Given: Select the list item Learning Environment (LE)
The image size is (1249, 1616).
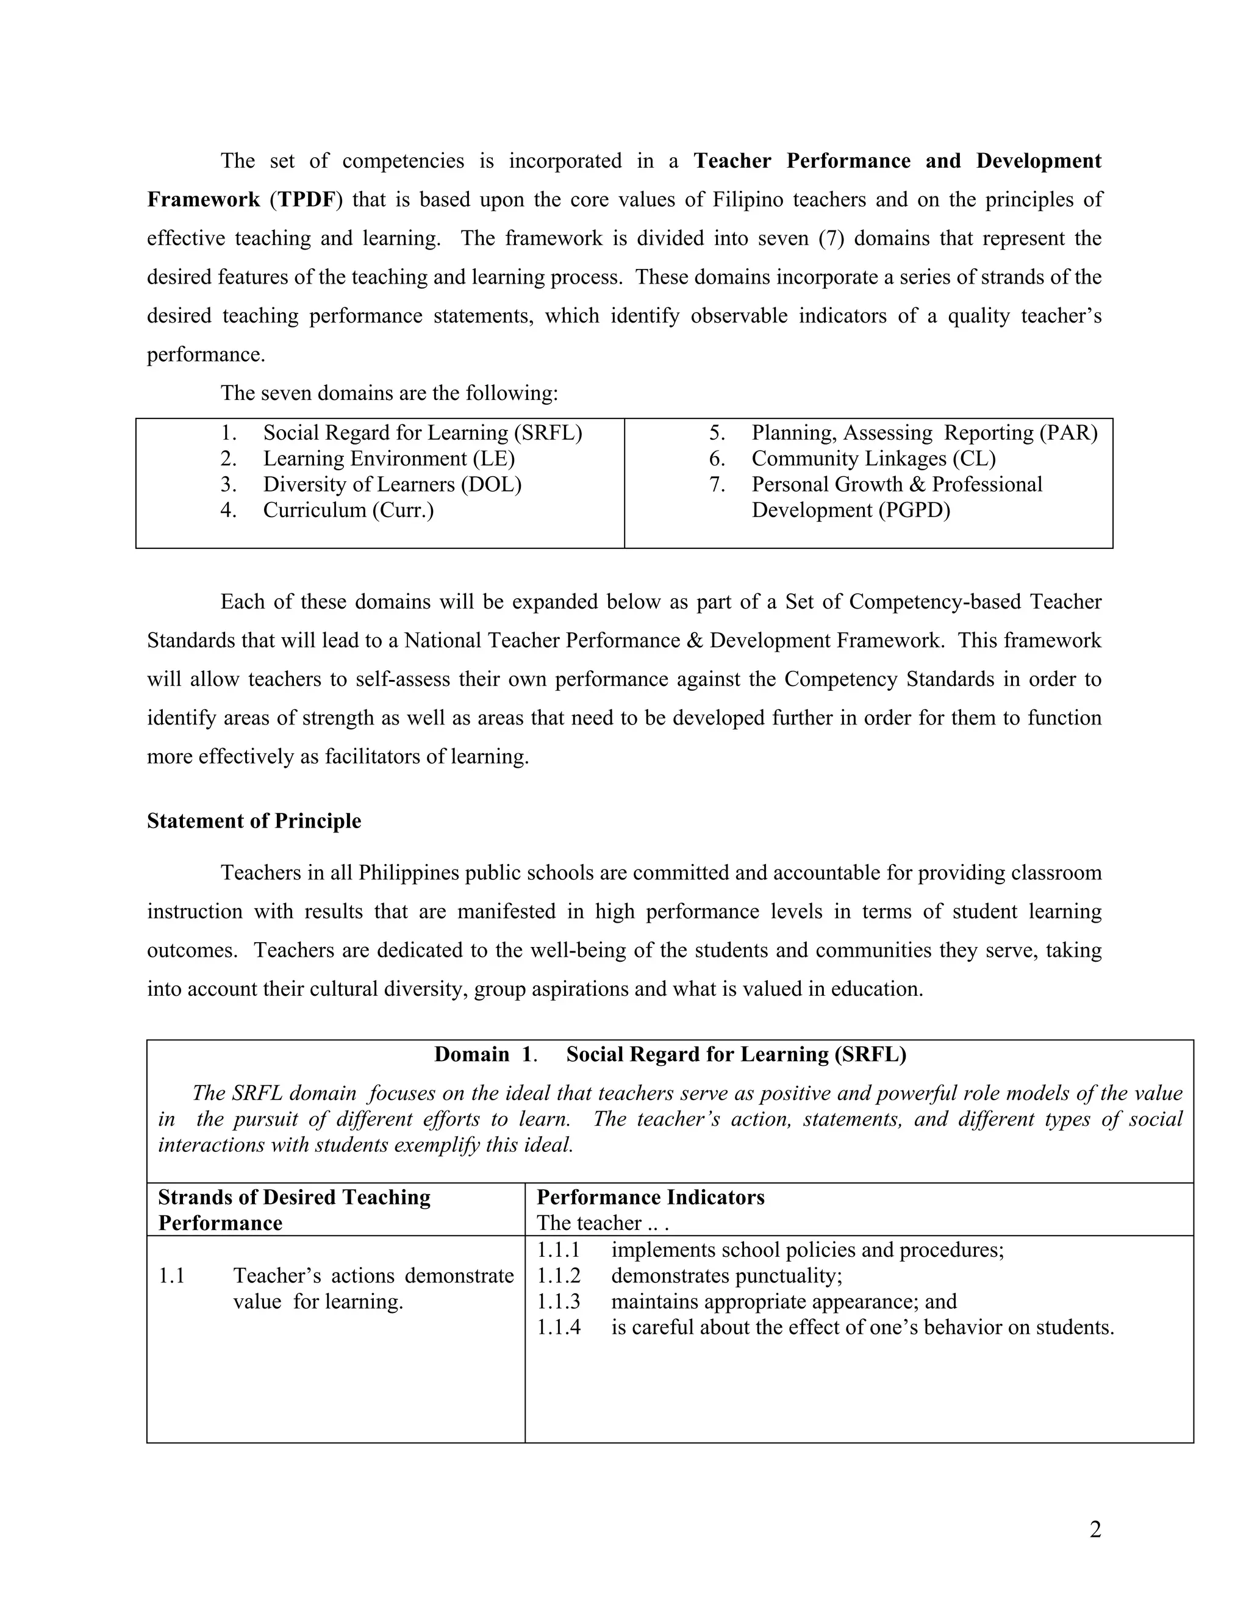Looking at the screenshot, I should tap(388, 459).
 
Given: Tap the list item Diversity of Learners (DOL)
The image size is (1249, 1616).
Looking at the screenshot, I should tap(392, 485).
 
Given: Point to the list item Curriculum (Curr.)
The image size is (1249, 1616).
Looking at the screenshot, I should tap(348, 510).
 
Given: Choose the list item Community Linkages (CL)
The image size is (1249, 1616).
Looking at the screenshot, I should tap(873, 459).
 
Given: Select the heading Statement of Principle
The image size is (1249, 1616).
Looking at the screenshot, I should tap(254, 821).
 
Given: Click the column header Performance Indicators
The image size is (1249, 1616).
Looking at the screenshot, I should tap(650, 1197).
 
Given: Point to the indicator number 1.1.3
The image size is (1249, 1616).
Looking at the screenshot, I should tap(559, 1301).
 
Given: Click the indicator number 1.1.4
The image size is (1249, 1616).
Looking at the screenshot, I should tap(559, 1328).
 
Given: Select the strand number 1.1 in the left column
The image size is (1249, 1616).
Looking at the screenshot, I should tap(171, 1276).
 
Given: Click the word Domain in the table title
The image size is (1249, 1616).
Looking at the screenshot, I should tap(471, 1054).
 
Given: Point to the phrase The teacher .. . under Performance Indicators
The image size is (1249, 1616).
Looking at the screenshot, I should tap(603, 1223).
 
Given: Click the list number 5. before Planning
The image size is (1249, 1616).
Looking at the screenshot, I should tap(717, 433).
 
